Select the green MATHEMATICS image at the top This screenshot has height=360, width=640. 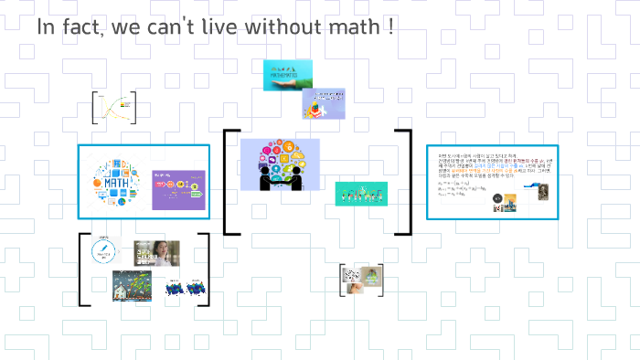pos(287,75)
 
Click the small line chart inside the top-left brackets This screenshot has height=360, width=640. pos(113,107)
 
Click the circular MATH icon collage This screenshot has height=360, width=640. pos(112,183)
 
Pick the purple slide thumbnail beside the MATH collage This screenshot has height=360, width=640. pos(176,189)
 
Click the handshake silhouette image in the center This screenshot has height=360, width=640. pos(280,164)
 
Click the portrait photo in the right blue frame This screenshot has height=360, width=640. pos(539,194)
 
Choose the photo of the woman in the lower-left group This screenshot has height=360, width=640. pos(157,253)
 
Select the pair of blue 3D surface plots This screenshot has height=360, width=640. pos(186,288)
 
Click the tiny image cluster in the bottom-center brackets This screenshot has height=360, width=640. pos(361,280)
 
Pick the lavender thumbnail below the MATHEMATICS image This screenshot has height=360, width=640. pos(324,104)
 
